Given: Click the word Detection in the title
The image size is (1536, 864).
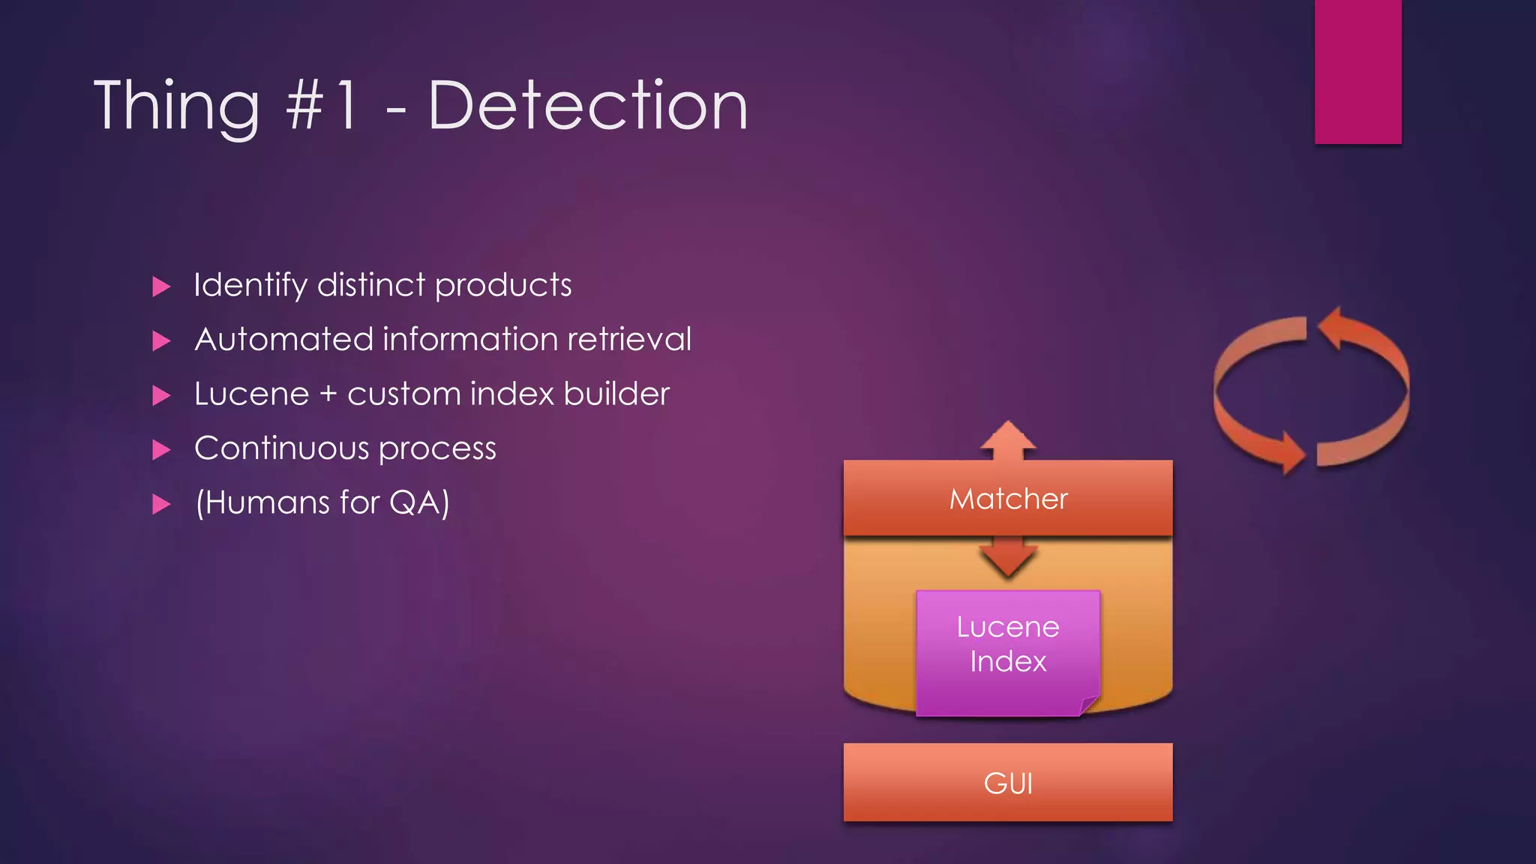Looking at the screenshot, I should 587,106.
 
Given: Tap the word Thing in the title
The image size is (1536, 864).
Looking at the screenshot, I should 177,106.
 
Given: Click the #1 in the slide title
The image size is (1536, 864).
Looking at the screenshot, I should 321,106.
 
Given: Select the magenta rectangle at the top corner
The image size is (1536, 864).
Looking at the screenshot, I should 1357,71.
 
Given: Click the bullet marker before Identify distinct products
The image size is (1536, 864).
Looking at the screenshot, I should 161,286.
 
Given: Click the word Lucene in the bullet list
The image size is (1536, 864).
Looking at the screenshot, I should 251,394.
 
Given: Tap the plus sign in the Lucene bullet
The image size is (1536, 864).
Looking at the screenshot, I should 328,394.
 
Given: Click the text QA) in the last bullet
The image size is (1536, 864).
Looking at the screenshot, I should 419,502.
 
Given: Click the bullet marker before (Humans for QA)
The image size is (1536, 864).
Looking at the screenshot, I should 161,504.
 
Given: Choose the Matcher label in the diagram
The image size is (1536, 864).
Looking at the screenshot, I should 1008,499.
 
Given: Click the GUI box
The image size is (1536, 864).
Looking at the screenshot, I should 1007,782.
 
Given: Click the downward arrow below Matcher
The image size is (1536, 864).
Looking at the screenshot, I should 1008,559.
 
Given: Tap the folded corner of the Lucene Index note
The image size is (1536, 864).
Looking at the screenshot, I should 1089,705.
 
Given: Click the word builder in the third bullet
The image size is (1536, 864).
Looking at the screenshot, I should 616,394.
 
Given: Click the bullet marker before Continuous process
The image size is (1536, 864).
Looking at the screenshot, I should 161,450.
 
